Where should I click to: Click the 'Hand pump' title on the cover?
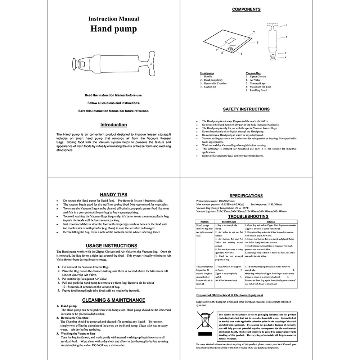point(113,28)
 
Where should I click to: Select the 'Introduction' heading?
point(113,125)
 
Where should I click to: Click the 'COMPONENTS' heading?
point(246,9)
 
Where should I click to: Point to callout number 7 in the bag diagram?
point(254,32)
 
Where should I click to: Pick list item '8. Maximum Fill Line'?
point(258,87)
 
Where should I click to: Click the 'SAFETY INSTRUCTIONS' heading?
point(246,109)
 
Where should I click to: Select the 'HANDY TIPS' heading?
point(113,195)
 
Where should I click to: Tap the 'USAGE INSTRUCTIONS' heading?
point(113,246)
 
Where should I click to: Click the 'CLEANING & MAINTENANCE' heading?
point(113,300)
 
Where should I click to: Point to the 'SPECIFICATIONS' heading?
point(246,195)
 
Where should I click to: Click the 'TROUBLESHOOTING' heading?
point(246,217)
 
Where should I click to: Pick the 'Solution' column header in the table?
point(270,222)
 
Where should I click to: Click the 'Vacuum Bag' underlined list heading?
point(253,73)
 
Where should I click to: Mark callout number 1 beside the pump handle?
point(286,25)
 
